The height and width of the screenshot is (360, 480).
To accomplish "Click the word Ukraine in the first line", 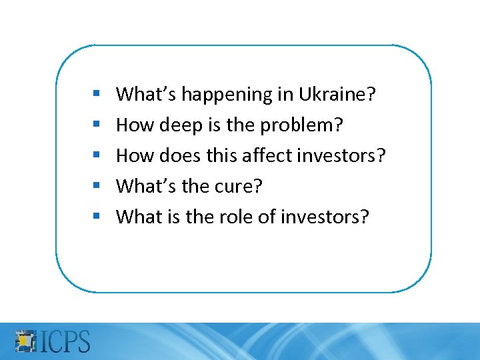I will point(340,95).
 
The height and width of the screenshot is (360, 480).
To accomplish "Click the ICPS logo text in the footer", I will point(66,341).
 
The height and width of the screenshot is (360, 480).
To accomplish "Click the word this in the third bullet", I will point(215,155).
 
